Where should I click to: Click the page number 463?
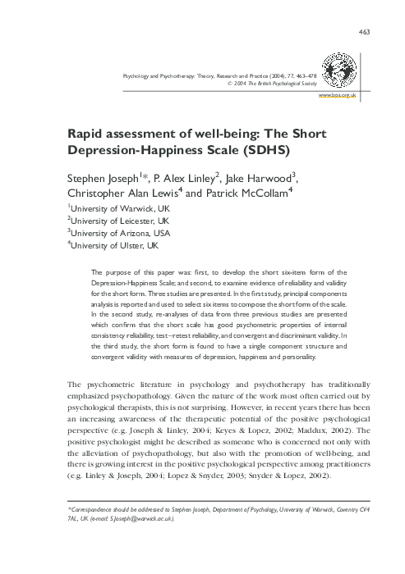coord(366,31)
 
